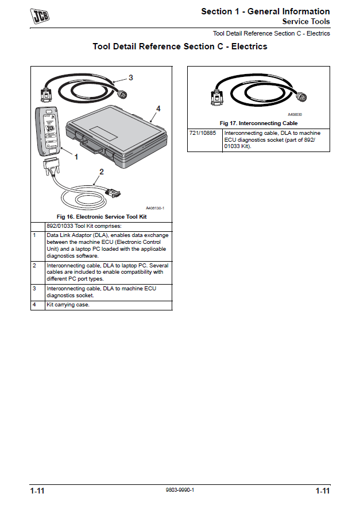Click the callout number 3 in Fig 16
130,77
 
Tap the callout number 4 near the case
158,108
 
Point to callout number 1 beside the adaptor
76,157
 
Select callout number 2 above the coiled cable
102,171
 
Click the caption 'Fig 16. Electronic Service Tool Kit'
101,217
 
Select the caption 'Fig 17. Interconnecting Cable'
258,123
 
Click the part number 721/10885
202,133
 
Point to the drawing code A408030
295,115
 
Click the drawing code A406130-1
155,208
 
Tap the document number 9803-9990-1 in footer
180,490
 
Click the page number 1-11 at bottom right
322,491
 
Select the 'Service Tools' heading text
305,22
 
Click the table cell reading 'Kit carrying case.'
68,305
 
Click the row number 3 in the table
34,288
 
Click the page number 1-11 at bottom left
38,491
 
